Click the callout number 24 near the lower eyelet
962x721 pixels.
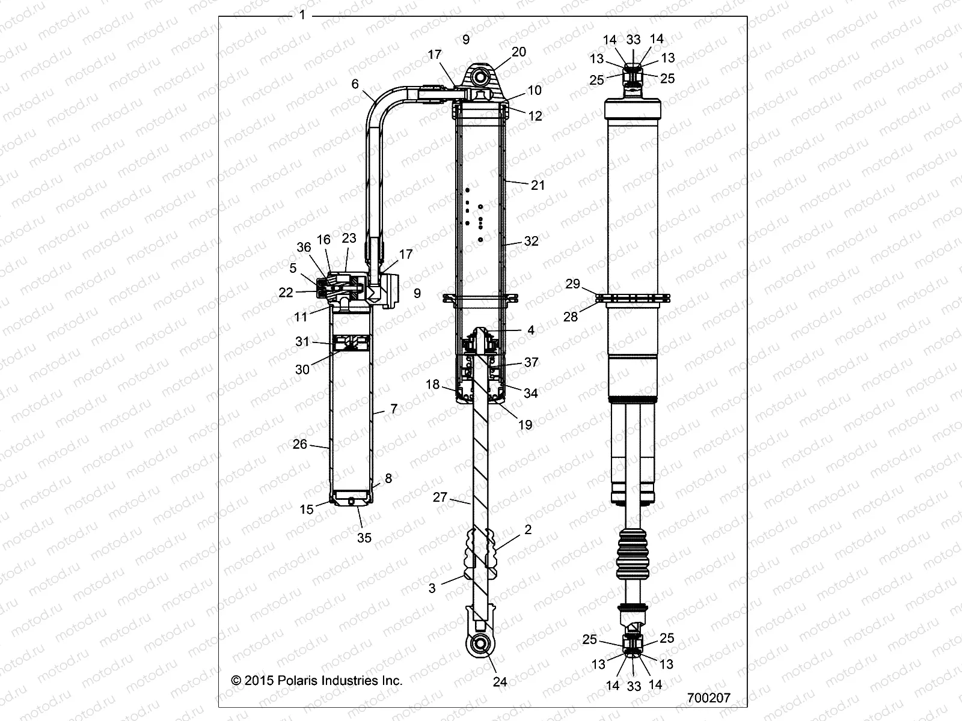coord(500,681)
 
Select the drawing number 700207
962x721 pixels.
coord(708,698)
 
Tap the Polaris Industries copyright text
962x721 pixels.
coord(317,680)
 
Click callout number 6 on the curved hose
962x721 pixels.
coord(355,84)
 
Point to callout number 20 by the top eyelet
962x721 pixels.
coord(518,52)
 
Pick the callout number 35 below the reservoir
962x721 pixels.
coord(364,538)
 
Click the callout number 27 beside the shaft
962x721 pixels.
coord(441,497)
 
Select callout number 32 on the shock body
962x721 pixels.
coord(531,241)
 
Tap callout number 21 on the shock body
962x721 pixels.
coord(538,185)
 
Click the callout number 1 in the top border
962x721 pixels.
coord(302,15)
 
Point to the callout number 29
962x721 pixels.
coord(572,283)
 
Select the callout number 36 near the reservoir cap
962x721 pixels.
coord(304,246)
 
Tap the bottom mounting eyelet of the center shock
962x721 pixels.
coord(481,644)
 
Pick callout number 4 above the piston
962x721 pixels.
coord(530,330)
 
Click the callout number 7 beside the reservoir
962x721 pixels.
coord(394,409)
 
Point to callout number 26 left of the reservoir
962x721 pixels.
coord(300,445)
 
